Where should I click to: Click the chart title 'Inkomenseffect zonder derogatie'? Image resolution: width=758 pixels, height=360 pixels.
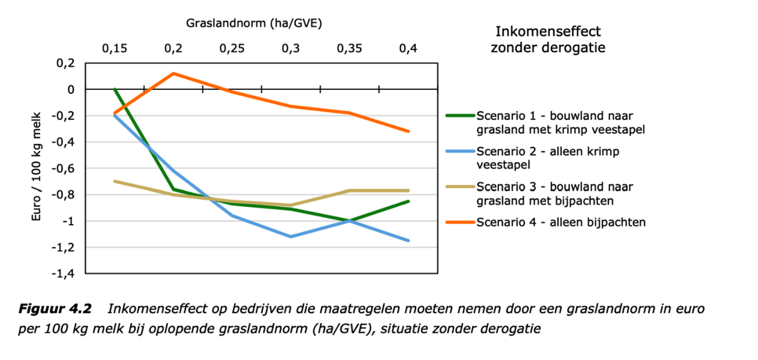[x=547, y=40]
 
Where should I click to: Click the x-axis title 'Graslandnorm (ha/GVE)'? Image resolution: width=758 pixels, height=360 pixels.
[x=254, y=23]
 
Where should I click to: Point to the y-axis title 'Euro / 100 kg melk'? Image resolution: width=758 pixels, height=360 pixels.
[x=36, y=166]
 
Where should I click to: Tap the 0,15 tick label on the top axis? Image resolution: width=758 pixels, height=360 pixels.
[x=114, y=50]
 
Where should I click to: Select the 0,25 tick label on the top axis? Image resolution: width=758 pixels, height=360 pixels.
[x=232, y=50]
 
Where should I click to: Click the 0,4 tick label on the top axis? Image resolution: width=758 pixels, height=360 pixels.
[x=408, y=50]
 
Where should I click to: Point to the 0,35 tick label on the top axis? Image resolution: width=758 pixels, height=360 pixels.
[x=350, y=50]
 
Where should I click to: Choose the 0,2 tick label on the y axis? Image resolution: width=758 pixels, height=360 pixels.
[x=68, y=63]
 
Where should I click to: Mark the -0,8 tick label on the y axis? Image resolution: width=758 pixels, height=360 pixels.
[x=65, y=194]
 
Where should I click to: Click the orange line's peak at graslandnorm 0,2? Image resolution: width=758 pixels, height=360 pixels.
[x=173, y=74]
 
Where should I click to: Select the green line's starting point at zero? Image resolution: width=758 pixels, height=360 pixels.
[x=115, y=89]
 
